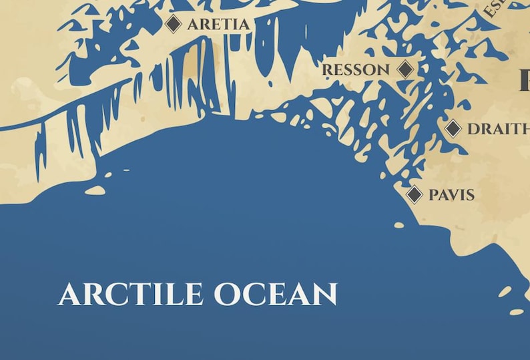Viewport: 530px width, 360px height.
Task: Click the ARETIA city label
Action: point(218,25)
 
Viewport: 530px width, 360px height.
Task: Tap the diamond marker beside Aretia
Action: point(174,24)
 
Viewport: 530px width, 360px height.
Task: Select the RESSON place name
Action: point(356,70)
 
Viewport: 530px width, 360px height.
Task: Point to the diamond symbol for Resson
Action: point(405,69)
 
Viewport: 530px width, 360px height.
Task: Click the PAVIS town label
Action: point(451,195)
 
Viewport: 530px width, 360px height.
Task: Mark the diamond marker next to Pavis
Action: point(415,194)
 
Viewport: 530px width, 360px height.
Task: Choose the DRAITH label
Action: point(498,130)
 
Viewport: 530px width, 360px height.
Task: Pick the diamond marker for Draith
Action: point(453,128)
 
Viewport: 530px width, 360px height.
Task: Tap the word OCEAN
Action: point(276,295)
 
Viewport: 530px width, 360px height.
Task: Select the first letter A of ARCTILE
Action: point(69,295)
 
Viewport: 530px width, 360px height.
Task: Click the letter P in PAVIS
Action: point(433,195)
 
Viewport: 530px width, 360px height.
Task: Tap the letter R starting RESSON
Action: point(327,70)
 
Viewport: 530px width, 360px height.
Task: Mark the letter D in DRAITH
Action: point(473,130)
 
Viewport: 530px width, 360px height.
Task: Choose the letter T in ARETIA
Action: point(226,25)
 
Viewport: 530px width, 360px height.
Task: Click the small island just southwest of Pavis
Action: point(399,225)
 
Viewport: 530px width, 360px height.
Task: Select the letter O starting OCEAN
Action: point(227,295)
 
